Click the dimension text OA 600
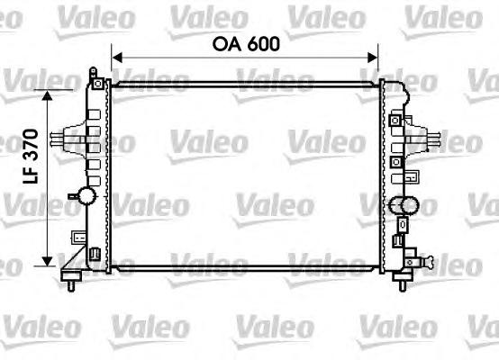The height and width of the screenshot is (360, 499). [x=246, y=44]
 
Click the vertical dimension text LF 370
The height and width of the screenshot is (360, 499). [x=31, y=157]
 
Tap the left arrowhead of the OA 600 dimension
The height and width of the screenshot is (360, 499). [x=117, y=58]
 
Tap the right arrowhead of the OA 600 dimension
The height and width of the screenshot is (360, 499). [x=373, y=58]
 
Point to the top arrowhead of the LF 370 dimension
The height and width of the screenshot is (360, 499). [x=47, y=95]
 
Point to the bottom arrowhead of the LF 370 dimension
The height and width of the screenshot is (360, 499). [x=47, y=261]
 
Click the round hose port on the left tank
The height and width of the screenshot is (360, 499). [x=86, y=195]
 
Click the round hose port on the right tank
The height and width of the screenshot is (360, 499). [x=409, y=205]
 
